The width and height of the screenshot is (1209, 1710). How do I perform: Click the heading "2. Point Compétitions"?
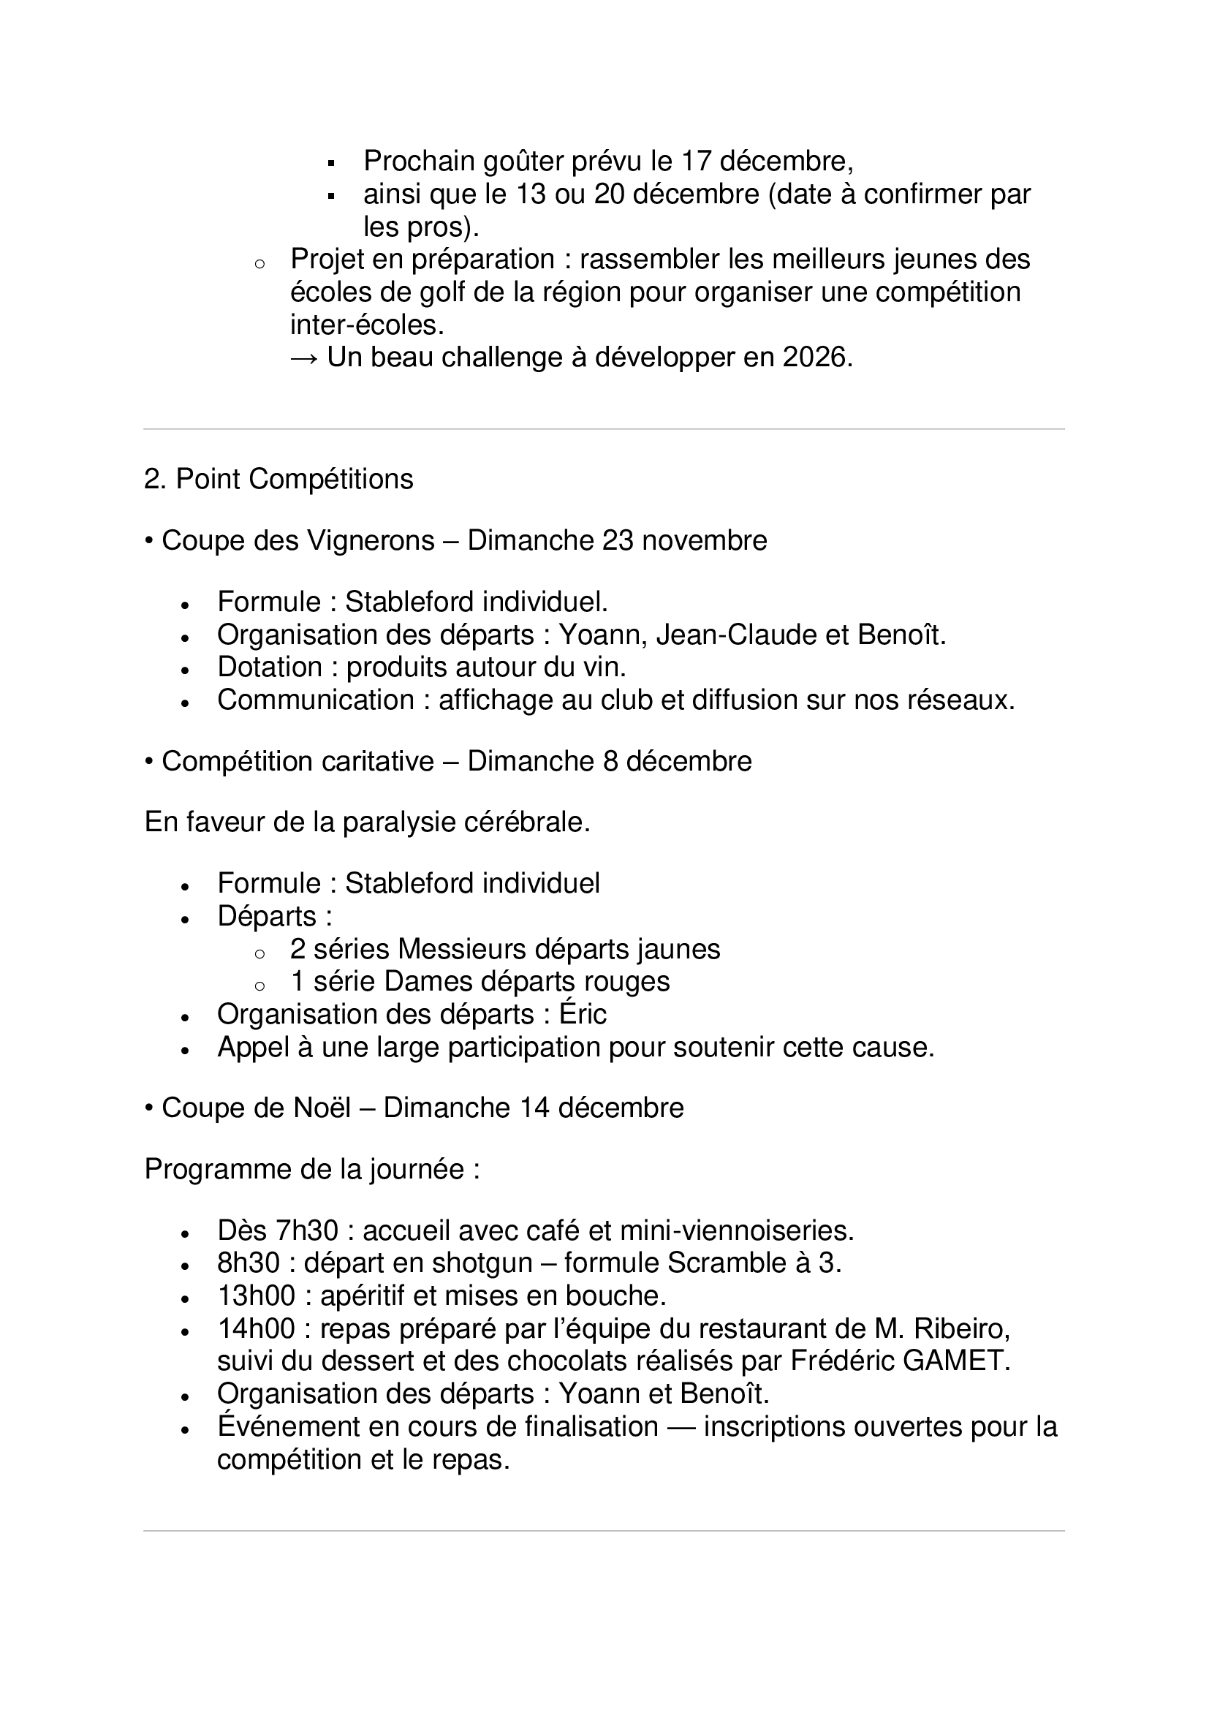pyautogui.click(x=278, y=479)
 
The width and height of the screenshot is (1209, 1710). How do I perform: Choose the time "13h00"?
pyautogui.click(x=256, y=1296)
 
